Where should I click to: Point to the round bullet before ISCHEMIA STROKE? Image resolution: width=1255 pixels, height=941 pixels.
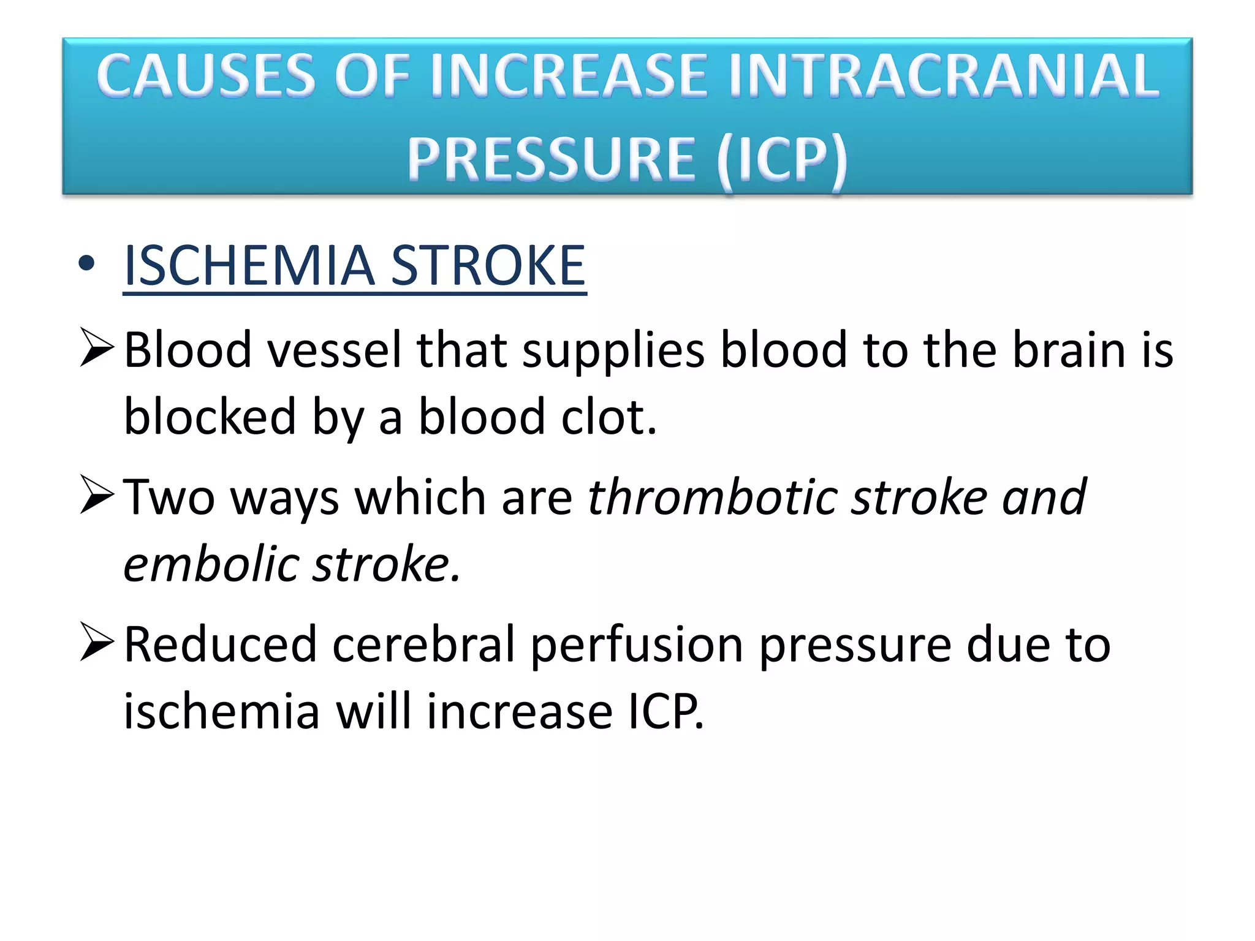pos(86,263)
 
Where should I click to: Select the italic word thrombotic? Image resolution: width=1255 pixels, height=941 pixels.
pos(711,497)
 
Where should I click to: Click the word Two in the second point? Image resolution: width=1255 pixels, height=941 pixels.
pos(169,497)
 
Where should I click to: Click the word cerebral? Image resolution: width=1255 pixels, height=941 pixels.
pos(423,644)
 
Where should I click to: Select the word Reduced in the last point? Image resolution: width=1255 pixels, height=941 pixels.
pos(220,644)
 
